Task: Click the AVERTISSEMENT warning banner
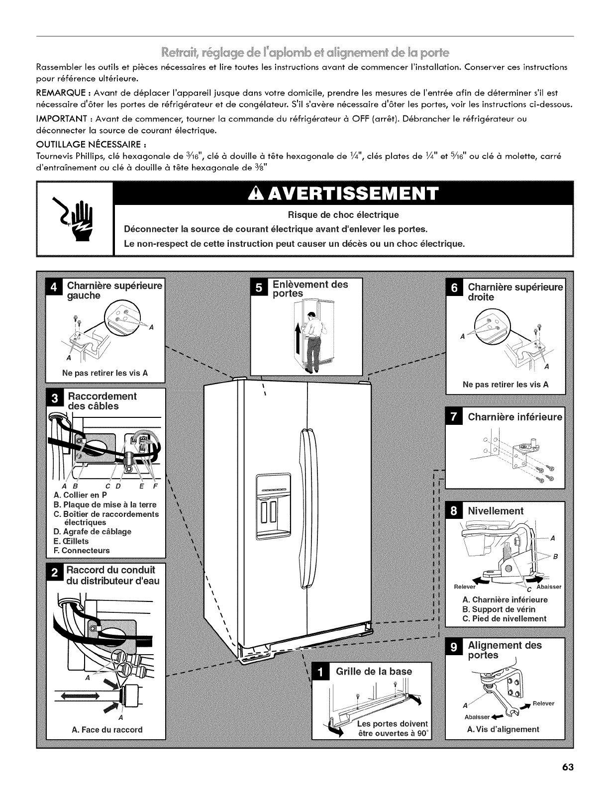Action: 344,194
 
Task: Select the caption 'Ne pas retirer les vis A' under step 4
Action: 104,373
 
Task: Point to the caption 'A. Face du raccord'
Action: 107,730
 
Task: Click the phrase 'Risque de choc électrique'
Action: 344,215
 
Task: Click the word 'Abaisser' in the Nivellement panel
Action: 548,587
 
